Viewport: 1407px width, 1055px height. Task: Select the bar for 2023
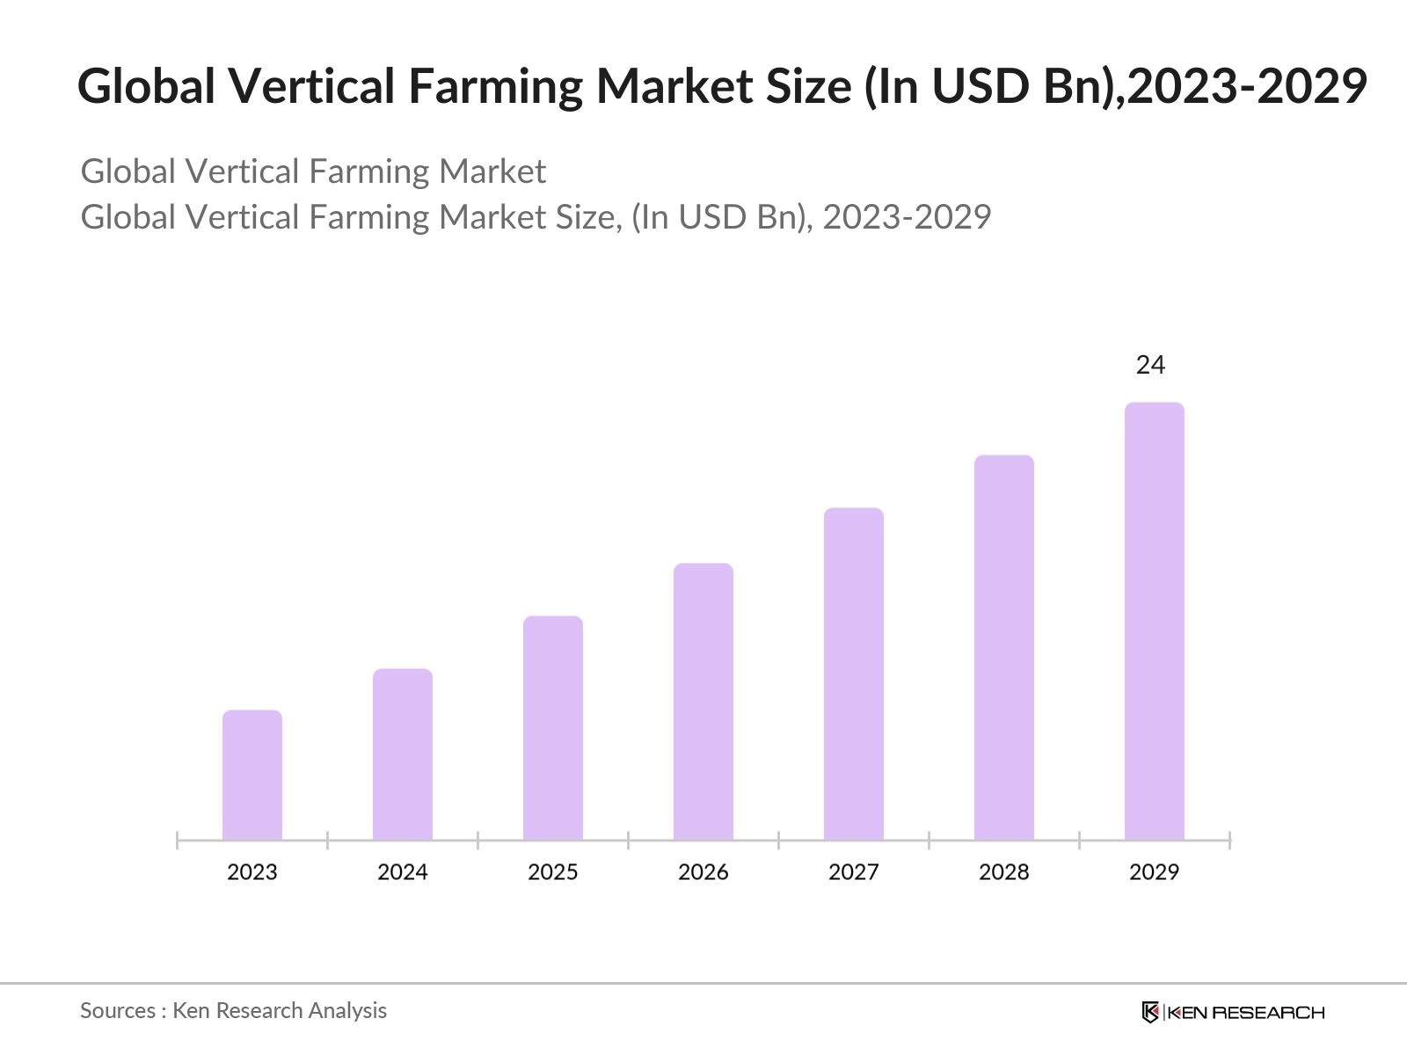252,775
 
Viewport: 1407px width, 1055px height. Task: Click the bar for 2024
403,754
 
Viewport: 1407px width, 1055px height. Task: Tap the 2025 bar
553,728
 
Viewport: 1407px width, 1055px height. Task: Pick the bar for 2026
703,702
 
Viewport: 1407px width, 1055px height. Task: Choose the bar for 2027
854,673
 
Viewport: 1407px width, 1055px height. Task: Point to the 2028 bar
1004,647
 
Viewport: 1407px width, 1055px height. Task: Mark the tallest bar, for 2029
1155,621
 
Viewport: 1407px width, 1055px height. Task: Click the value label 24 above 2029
1150,365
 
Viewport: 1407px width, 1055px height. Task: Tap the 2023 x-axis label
252,872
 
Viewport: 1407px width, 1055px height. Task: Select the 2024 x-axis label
403,872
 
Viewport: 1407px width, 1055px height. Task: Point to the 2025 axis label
553,872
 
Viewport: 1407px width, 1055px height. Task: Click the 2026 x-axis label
703,872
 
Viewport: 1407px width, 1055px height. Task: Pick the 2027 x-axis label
854,872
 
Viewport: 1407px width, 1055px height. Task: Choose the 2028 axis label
1004,872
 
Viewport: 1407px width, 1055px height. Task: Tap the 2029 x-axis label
1155,872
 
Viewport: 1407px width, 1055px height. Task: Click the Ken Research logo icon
1151,1012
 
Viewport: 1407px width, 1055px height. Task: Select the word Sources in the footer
119,1011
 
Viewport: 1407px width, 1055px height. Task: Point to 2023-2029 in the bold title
1246,87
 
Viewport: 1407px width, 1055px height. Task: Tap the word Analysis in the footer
348,1011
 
